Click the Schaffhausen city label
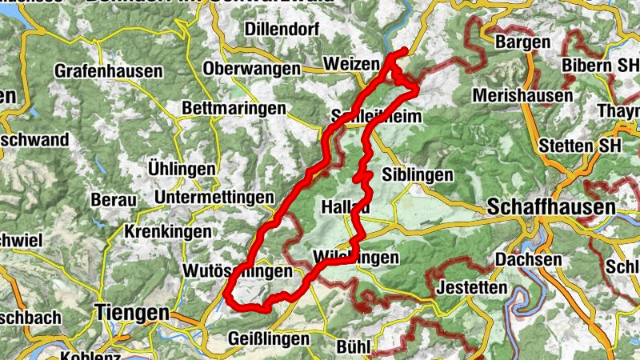point(550,206)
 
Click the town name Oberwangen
point(251,69)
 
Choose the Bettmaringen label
point(234,107)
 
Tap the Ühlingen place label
point(182,169)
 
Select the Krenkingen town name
point(168,231)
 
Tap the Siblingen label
point(418,174)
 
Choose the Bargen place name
point(522,42)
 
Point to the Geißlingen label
point(268,338)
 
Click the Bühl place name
point(353,346)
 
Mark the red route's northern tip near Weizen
point(404,52)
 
